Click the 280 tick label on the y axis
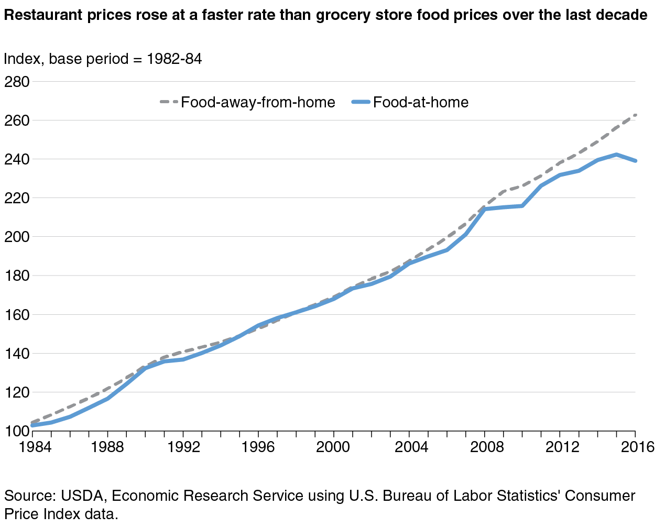[17, 82]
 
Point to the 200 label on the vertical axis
[17, 237]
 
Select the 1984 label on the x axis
[35, 447]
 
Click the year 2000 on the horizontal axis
[333, 447]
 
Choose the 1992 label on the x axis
[183, 447]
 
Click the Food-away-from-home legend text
[258, 102]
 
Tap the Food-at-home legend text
[421, 102]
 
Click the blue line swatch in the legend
[361, 102]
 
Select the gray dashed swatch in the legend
[169, 102]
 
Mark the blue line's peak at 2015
[616, 155]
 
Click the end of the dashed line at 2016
[635, 115]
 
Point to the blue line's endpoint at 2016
[635, 161]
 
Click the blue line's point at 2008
[485, 209]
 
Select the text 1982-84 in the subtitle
[175, 59]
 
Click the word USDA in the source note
[82, 496]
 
